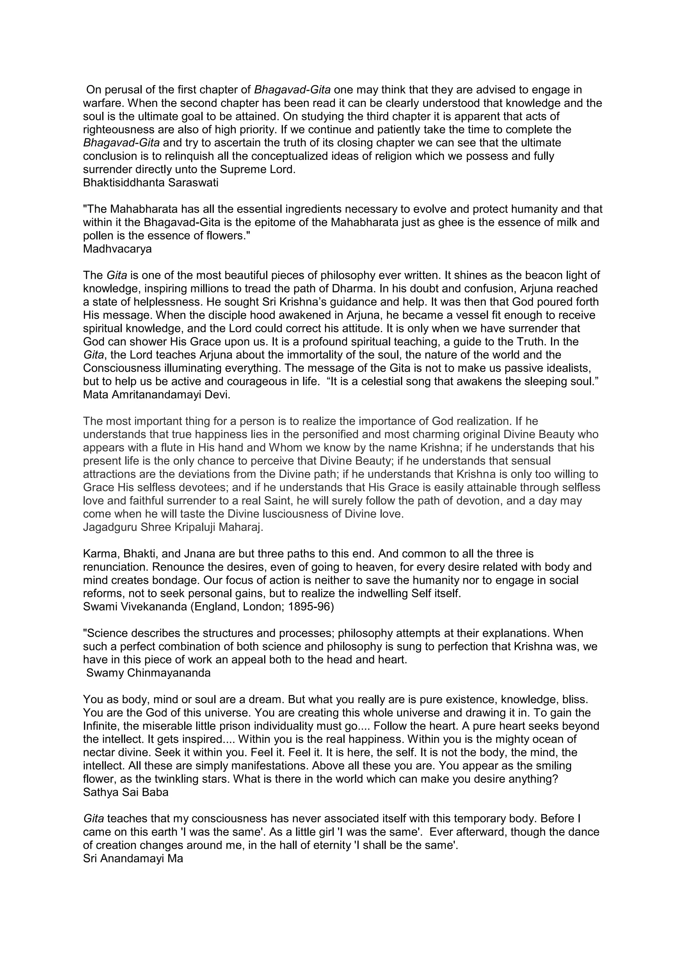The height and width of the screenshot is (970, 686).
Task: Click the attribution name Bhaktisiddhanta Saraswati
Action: (x=150, y=183)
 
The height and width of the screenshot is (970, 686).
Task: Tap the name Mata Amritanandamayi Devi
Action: (x=157, y=395)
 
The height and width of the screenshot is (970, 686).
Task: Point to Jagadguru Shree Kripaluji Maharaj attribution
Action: (x=173, y=528)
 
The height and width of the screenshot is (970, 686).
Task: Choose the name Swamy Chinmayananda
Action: (x=148, y=673)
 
